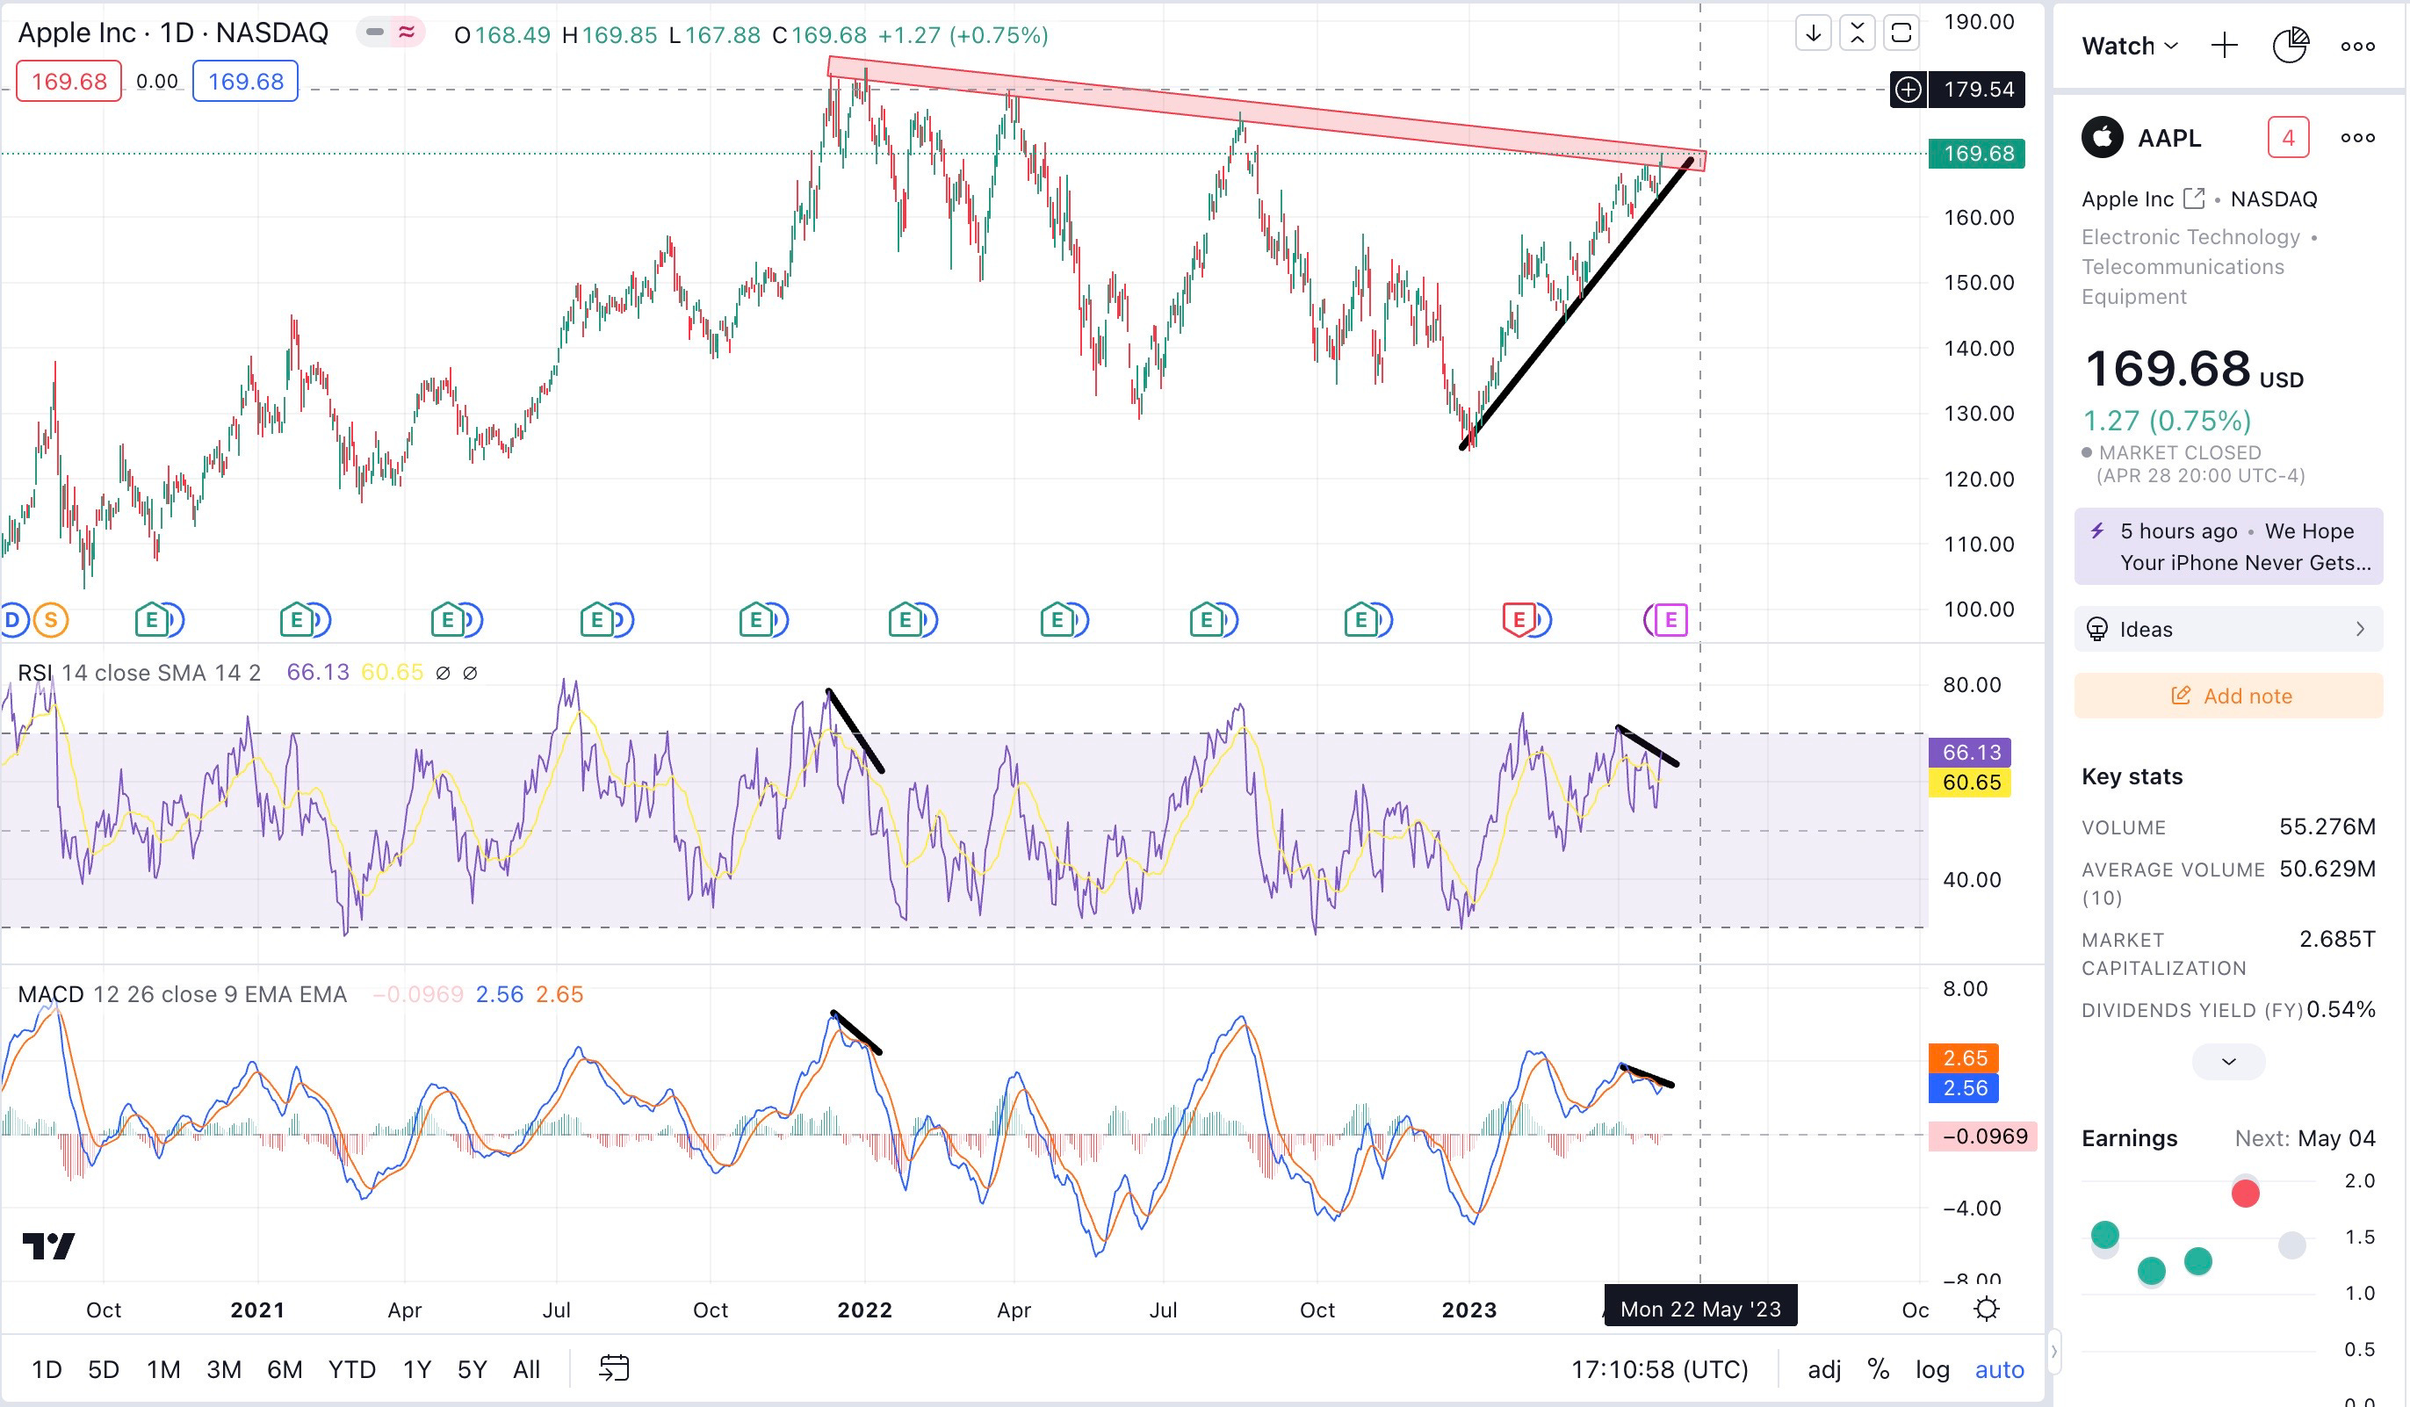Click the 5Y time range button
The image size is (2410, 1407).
(x=472, y=1370)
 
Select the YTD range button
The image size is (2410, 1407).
(x=352, y=1370)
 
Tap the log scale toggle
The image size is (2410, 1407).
(x=1932, y=1370)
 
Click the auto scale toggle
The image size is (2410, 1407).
(x=1999, y=1370)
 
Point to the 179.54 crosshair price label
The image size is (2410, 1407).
(x=1978, y=90)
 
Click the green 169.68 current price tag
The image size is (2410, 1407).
(x=1977, y=154)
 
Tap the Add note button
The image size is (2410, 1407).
(x=2228, y=696)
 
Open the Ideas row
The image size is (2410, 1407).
(x=2228, y=630)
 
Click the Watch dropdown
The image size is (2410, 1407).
(x=2129, y=46)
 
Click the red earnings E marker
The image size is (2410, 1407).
(x=1518, y=620)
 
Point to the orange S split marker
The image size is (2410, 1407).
(x=52, y=621)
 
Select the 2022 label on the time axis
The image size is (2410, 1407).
(x=864, y=1310)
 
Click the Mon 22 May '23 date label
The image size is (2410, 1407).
(x=1700, y=1310)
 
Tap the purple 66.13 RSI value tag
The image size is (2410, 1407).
(x=1970, y=753)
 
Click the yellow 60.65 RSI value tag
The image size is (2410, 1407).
(x=1970, y=783)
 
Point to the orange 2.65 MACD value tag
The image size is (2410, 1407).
(x=1966, y=1057)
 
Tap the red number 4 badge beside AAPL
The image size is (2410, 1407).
(x=2288, y=139)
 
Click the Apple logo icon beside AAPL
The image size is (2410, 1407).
(x=2102, y=138)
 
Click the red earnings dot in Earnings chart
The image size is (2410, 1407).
(x=2245, y=1194)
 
